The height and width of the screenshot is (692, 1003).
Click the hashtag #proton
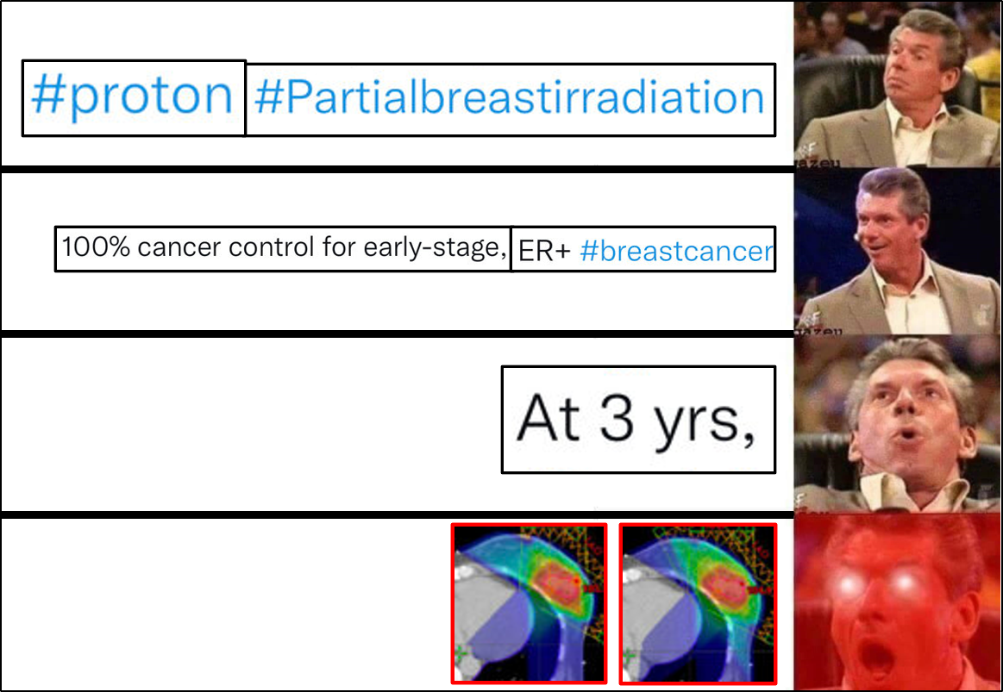pyautogui.click(x=133, y=96)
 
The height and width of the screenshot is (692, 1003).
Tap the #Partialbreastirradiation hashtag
pyautogui.click(x=509, y=97)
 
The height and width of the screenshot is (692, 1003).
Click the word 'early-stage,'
pyautogui.click(x=436, y=248)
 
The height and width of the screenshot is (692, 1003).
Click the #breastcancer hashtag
pyautogui.click(x=676, y=251)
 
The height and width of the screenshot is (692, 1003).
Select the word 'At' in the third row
pyautogui.click(x=549, y=418)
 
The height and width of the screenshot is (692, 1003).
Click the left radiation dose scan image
pyautogui.click(x=529, y=603)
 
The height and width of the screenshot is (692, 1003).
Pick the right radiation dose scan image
pyautogui.click(x=698, y=603)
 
